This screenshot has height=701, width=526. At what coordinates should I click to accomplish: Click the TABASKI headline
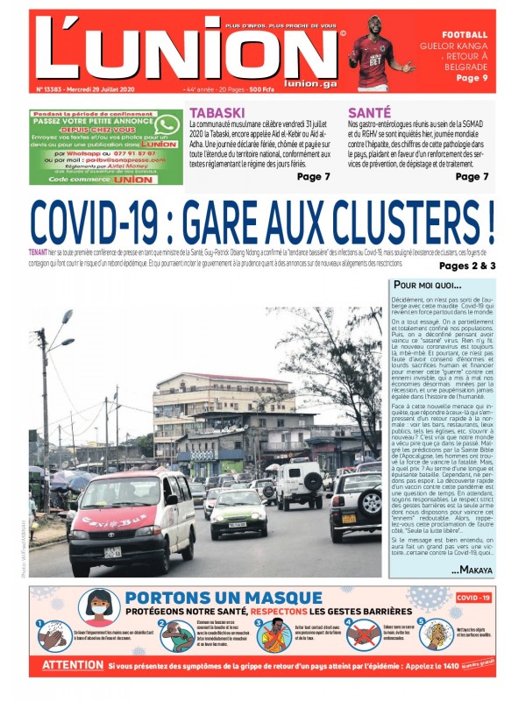click(217, 113)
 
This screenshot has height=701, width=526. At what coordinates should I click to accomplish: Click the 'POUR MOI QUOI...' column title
click(427, 286)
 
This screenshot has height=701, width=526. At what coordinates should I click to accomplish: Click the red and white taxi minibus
click(131, 521)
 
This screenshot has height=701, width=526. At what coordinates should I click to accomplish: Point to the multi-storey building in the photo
click(210, 412)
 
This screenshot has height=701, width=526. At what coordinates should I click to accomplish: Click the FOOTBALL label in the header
click(466, 35)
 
